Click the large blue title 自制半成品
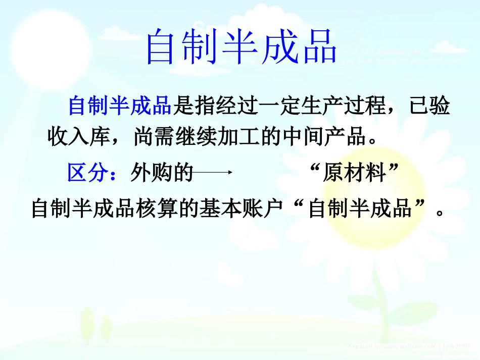point(241,47)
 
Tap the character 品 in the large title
point(318,47)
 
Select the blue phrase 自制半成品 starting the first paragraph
point(120,107)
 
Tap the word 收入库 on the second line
point(78,137)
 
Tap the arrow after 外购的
point(212,173)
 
